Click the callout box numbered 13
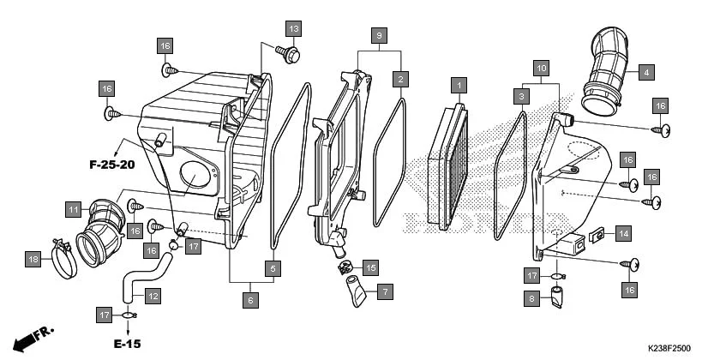[x=293, y=29]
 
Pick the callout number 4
[x=647, y=72]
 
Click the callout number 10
[x=541, y=67]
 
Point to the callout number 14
[x=623, y=232]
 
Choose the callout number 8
[x=532, y=298]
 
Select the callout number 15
[x=369, y=267]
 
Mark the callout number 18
[x=33, y=259]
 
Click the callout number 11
[x=74, y=207]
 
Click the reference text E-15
[x=128, y=344]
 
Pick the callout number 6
[x=250, y=300]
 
